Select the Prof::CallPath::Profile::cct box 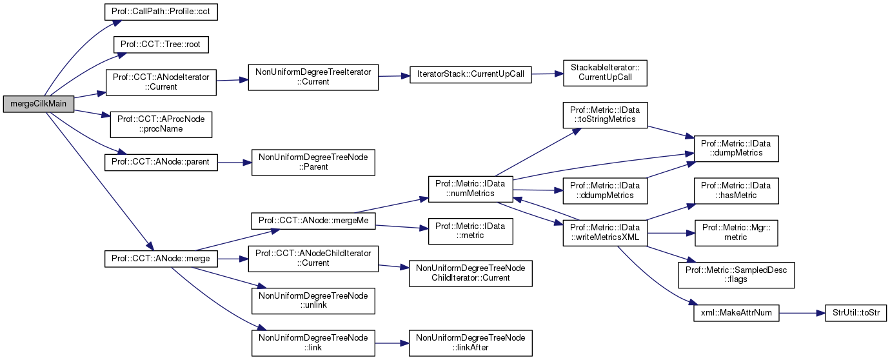click(161, 12)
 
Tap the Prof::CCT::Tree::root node click(161, 44)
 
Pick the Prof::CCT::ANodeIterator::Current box click(161, 81)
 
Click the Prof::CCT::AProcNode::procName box click(161, 124)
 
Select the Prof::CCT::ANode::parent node click(161, 161)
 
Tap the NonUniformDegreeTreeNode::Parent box click(313, 162)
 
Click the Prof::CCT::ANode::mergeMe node click(313, 219)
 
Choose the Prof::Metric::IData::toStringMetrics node click(605, 114)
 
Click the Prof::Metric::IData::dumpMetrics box click(736, 148)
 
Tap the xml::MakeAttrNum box click(736, 313)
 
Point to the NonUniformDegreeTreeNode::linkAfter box click(471, 343)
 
